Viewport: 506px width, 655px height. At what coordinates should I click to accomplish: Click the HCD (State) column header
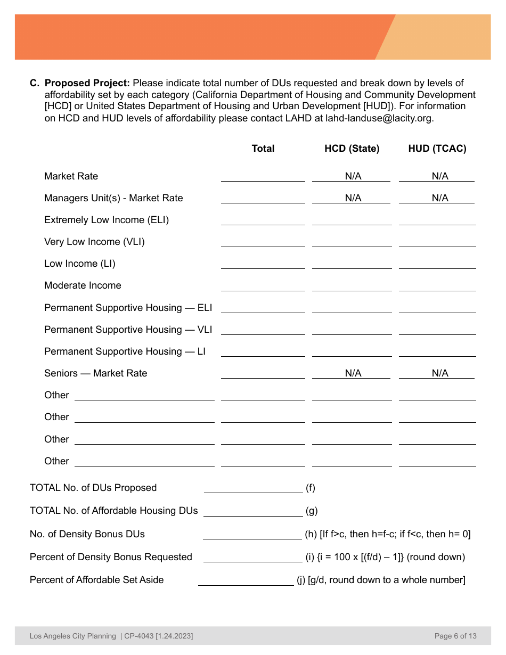click(352, 149)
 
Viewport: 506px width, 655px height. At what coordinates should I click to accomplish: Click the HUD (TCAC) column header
click(437, 149)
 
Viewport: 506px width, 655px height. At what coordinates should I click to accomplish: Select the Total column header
click(263, 149)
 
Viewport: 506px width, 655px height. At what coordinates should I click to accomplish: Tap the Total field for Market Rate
click(263, 176)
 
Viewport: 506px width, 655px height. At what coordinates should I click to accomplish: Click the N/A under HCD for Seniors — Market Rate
click(353, 373)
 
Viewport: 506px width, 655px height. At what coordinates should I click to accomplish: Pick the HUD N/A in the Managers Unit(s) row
click(439, 198)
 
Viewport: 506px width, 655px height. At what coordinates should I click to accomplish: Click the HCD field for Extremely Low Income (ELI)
click(352, 220)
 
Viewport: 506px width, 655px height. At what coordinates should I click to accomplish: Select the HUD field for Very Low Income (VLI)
click(437, 242)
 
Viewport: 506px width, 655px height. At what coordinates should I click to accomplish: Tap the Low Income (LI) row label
click(79, 264)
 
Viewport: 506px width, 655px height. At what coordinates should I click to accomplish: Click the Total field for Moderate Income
click(263, 285)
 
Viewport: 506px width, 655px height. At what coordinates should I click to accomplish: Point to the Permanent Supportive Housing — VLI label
click(128, 330)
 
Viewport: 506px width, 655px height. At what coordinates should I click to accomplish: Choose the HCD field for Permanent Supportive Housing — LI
click(352, 351)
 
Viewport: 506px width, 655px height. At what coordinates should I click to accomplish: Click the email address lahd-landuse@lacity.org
click(380, 118)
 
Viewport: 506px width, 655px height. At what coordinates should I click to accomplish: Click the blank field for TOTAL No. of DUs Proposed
click(253, 488)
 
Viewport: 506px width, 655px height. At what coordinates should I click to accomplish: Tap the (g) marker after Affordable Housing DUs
click(312, 511)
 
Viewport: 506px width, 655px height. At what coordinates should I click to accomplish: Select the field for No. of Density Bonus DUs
click(252, 534)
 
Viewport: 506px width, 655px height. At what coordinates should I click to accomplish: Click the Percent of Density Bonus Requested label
click(111, 557)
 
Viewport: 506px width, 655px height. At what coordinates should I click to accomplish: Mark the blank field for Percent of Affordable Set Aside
click(246, 580)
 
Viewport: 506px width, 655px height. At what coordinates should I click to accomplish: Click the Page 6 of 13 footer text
click(455, 636)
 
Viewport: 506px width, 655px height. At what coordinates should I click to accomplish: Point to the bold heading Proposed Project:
click(87, 83)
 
